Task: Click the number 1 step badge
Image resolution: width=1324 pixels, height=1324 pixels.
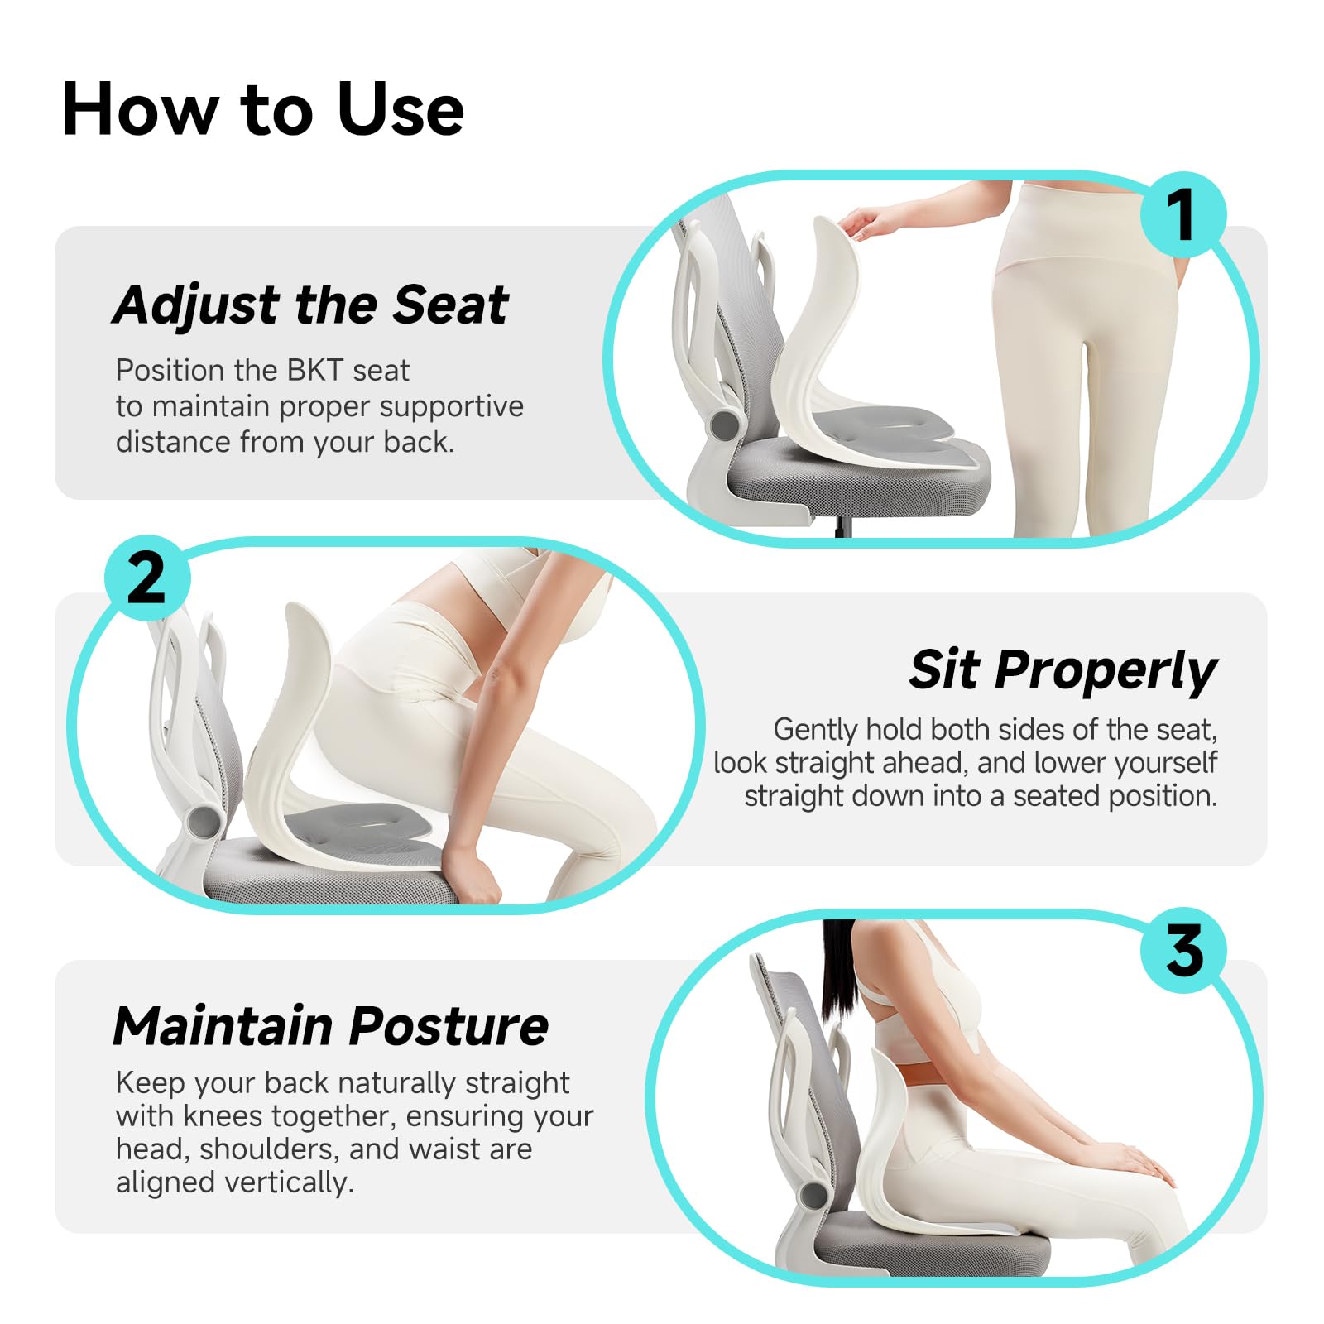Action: coord(1182,215)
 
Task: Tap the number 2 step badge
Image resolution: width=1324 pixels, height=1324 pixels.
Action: coord(147,577)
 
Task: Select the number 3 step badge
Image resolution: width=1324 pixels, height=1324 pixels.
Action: coord(1184,951)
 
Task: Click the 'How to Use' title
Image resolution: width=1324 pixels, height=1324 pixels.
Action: coord(263,110)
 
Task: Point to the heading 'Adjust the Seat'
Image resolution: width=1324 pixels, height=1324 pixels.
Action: coord(310,305)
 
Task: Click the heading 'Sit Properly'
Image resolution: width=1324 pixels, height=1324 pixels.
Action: coord(1063,669)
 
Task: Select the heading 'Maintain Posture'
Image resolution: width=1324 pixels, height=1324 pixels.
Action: coord(330,1027)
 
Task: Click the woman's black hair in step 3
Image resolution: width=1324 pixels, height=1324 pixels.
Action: coord(837,968)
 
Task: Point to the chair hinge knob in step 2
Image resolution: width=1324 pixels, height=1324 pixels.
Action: coord(202,821)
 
